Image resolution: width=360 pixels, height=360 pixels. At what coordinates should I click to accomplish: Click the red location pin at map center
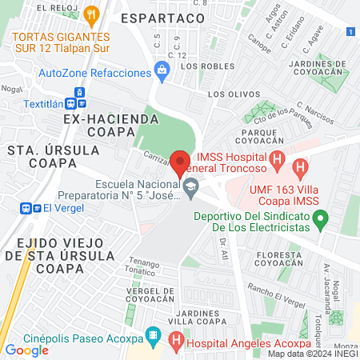[x=180, y=162]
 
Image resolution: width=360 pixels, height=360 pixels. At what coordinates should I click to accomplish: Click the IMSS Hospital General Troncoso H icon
[x=276, y=158]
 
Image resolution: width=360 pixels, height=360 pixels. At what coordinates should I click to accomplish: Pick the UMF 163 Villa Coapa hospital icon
[x=300, y=168]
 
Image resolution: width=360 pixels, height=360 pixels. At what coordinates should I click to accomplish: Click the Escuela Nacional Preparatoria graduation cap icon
[x=190, y=189]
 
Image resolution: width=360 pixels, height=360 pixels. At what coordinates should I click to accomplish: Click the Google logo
[x=26, y=350]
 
